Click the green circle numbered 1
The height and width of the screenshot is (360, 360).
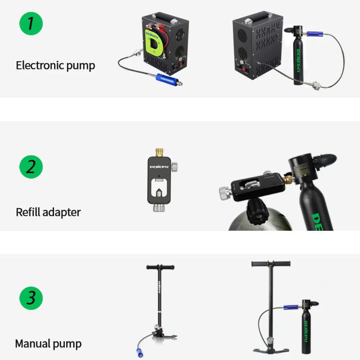coord(31,24)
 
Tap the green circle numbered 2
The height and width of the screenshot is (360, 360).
coord(31,167)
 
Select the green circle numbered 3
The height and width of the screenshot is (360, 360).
coord(31,298)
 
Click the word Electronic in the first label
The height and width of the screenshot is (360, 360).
coord(40,65)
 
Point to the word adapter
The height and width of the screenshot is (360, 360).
coord(62,212)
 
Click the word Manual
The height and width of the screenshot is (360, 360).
coord(32,343)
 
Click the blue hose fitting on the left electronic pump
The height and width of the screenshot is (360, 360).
coord(167,80)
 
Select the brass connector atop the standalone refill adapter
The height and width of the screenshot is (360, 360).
coord(159,152)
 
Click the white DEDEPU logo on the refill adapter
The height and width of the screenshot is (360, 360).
coord(159,166)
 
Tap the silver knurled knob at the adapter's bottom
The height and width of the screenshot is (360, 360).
coord(159,207)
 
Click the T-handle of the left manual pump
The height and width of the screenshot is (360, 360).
coord(161,267)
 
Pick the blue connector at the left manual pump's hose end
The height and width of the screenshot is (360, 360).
coord(140,353)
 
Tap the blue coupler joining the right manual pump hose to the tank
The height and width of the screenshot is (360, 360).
coord(291,307)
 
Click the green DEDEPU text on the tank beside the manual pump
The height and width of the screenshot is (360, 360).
coord(306,332)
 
